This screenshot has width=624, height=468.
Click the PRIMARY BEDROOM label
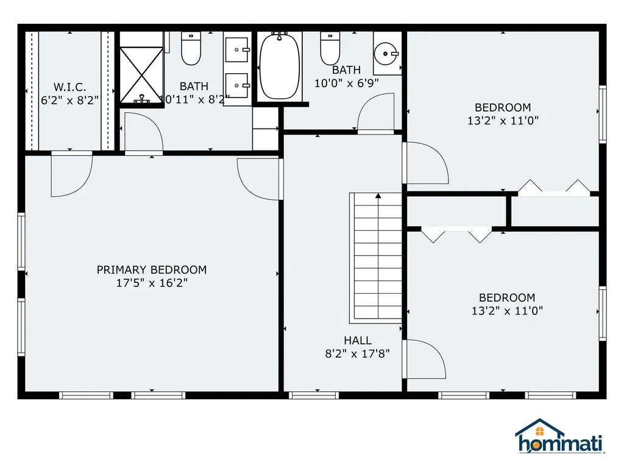click(x=152, y=270)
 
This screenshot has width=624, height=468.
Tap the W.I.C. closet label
click(x=69, y=87)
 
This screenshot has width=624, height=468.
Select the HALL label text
click(x=358, y=341)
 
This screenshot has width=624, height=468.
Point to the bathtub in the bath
click(x=279, y=66)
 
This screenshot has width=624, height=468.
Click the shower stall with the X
click(x=141, y=75)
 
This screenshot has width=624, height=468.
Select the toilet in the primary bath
click(x=191, y=49)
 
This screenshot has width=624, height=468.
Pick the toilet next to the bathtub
click(x=330, y=49)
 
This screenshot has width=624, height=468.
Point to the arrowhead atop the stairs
click(x=378, y=196)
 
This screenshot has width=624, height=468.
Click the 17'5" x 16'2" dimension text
click(x=152, y=283)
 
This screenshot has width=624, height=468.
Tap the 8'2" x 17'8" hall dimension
click(x=357, y=353)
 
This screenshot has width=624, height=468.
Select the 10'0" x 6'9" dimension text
click(x=347, y=83)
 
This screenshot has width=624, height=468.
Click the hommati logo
click(x=560, y=436)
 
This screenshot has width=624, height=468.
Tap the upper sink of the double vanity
click(x=237, y=50)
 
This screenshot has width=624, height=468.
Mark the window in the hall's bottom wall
click(x=314, y=395)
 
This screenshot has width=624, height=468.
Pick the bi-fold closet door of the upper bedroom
click(x=553, y=188)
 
